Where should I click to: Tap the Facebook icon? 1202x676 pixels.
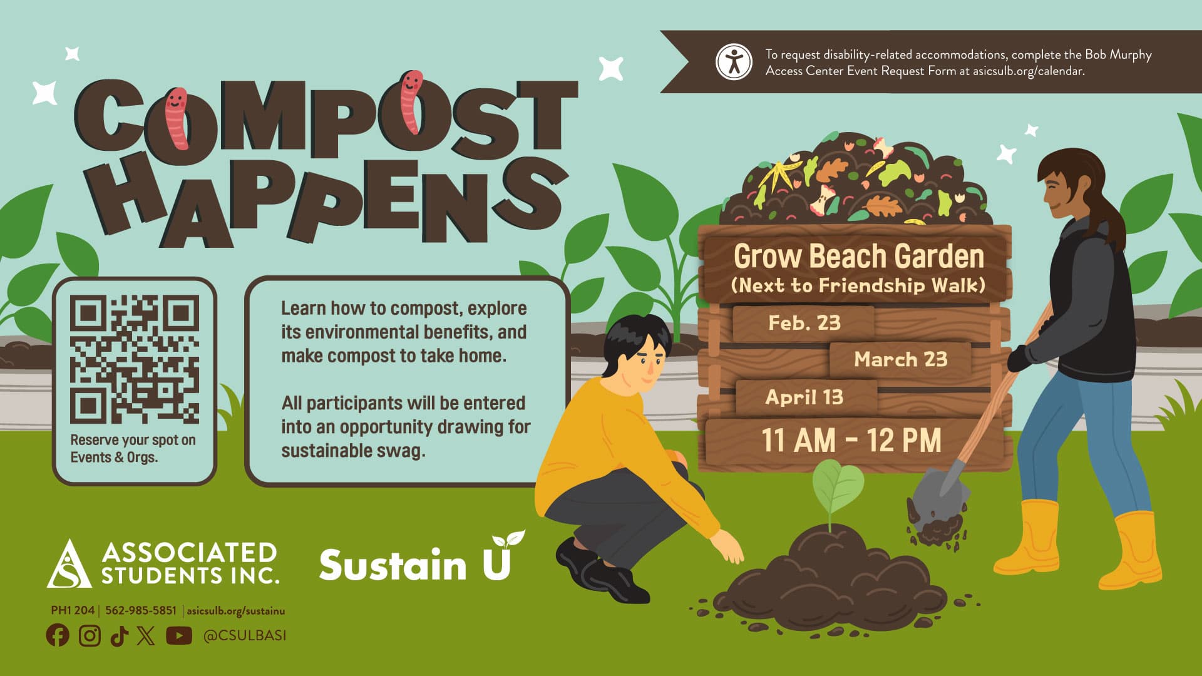tap(58, 635)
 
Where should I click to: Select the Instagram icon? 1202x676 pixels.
tap(90, 635)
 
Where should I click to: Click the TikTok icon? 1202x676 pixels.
tap(119, 636)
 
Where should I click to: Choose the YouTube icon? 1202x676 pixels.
tap(179, 635)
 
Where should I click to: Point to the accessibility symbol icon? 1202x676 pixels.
tap(734, 62)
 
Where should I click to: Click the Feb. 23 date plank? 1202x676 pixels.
tap(804, 323)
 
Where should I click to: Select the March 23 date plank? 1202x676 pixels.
tap(900, 359)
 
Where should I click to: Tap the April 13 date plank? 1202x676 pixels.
tap(804, 397)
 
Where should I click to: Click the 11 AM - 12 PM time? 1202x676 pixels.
tap(851, 440)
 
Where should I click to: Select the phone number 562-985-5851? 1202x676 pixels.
tap(141, 610)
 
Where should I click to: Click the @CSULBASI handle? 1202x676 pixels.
tap(245, 635)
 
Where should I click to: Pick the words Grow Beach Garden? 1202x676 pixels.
tap(858, 256)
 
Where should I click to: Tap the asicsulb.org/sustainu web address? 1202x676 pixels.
tap(235, 610)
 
